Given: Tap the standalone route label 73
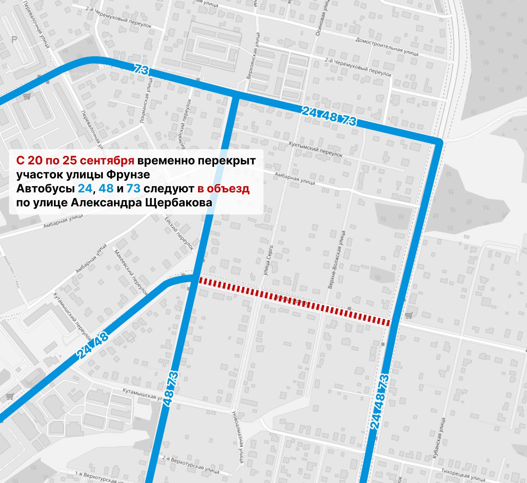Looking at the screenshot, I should (x=141, y=70).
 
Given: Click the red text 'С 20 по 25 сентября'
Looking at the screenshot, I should (x=75, y=160).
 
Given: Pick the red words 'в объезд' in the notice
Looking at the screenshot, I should (x=223, y=188).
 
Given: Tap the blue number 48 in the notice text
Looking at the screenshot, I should (x=106, y=188).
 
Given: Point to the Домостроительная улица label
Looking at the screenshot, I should (x=387, y=46).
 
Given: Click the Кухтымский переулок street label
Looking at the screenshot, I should (x=315, y=150).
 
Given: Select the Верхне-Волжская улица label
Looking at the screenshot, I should (x=336, y=259).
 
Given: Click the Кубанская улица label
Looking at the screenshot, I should (x=438, y=436).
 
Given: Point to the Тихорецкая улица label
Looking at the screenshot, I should (x=463, y=475).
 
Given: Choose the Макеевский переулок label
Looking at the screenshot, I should (x=131, y=272).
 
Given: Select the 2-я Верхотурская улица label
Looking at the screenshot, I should (x=190, y=464).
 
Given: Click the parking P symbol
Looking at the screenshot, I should (x=14, y=40).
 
